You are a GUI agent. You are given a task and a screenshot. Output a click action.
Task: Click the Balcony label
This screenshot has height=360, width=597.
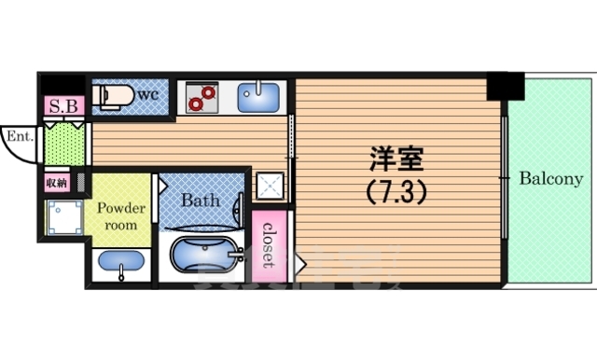click(551, 178)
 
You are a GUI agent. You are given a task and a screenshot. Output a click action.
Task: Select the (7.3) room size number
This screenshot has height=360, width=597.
click(393, 191)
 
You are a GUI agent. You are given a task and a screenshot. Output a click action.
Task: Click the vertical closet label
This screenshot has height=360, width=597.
click(268, 243)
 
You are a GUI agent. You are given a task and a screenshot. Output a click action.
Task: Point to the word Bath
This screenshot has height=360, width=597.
click(200, 200)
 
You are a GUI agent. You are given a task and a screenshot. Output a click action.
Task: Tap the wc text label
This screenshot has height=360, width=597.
click(147, 94)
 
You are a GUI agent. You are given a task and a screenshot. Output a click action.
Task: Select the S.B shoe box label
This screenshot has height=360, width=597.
click(62, 105)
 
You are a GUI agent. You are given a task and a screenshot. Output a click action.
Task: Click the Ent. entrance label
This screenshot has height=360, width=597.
click(20, 136)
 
